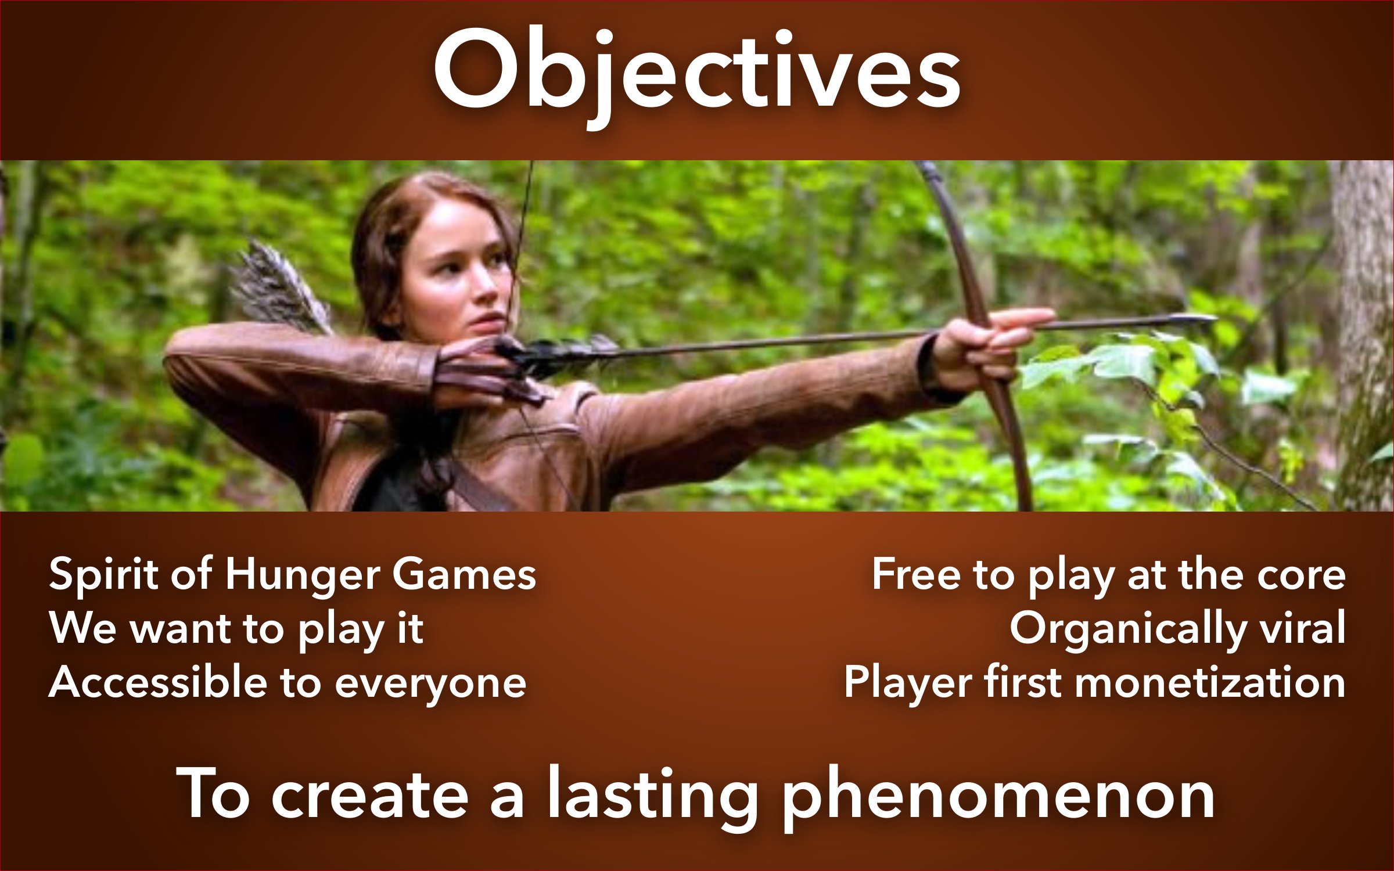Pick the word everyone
tap(430, 685)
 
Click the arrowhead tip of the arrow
tap(1216, 318)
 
